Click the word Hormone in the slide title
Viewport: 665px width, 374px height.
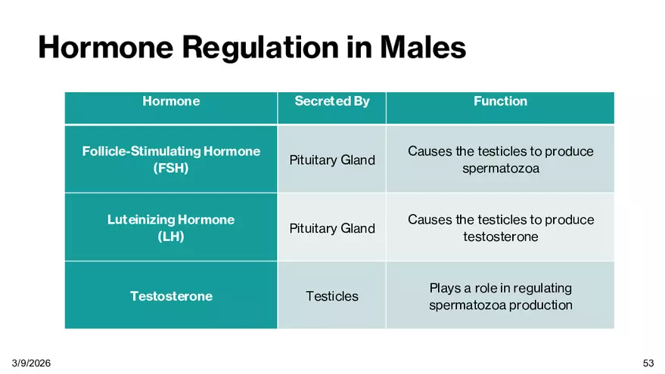point(106,47)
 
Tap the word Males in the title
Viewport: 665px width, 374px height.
point(423,47)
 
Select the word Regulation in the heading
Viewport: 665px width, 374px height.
point(260,48)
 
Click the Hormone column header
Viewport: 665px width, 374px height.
point(171,101)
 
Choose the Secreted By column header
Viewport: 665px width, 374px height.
point(332,101)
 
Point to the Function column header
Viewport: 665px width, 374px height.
point(500,101)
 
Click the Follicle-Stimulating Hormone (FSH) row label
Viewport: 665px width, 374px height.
point(171,159)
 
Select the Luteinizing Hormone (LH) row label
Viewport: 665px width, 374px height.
point(171,228)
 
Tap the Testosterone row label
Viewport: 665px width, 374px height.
point(171,296)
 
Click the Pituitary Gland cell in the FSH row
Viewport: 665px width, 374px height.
point(332,160)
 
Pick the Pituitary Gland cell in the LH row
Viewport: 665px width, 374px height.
point(332,228)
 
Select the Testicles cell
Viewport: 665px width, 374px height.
point(332,296)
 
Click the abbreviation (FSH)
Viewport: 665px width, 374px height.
point(171,168)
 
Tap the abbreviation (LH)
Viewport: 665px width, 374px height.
point(171,236)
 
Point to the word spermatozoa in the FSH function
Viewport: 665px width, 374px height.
point(500,168)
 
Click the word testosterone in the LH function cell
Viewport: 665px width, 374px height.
point(500,236)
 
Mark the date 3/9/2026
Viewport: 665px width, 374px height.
point(31,363)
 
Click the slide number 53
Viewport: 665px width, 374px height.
point(648,363)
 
